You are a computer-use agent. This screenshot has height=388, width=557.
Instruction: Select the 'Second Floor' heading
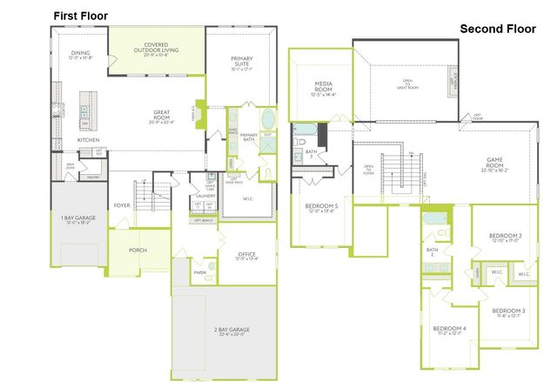point(499,29)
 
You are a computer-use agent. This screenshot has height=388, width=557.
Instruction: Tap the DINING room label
point(79,54)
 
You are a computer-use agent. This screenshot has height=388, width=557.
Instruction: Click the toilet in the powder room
point(210,266)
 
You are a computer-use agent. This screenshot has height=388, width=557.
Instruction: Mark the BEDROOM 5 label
point(322,207)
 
